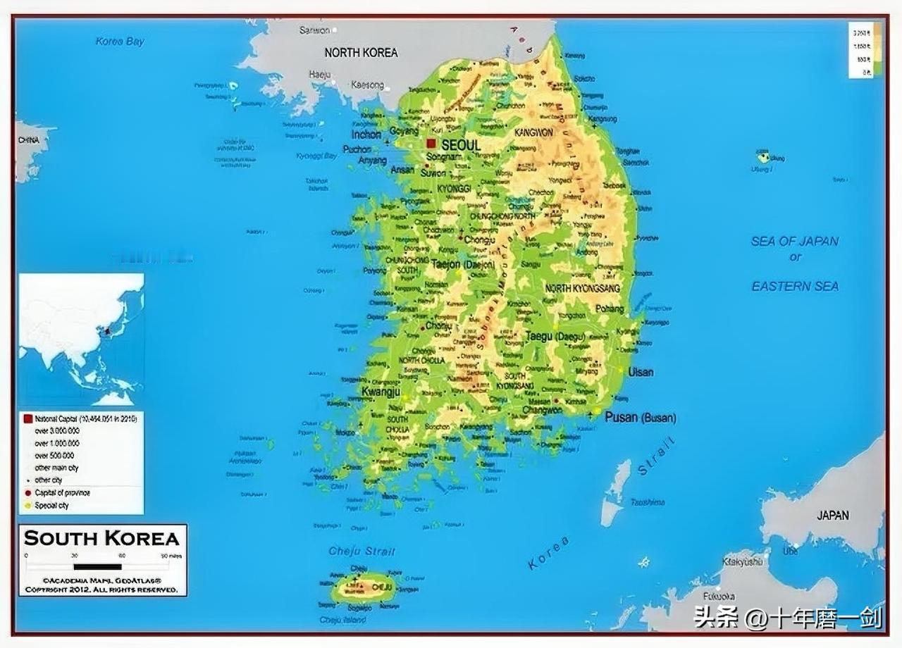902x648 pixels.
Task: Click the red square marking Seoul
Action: click(431, 143)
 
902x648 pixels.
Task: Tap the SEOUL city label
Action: click(461, 145)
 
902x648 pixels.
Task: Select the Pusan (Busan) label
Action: click(640, 417)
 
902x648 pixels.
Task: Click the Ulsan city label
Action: click(641, 371)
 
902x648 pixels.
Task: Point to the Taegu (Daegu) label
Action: click(555, 337)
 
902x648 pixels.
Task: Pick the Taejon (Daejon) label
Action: click(463, 264)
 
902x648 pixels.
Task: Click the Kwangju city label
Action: click(381, 392)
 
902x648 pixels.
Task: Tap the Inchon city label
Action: click(366, 134)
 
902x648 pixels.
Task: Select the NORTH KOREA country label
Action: click(361, 52)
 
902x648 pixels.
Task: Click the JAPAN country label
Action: click(832, 515)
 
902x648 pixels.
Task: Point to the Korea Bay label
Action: click(120, 42)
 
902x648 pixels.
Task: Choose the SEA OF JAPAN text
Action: click(794, 241)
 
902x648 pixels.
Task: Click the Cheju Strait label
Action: click(362, 551)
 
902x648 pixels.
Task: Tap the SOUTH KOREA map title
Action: click(102, 539)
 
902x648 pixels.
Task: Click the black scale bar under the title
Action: click(97, 566)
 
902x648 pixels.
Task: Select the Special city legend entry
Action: click(51, 505)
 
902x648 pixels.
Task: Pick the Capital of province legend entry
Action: click(62, 492)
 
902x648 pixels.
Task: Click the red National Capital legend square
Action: click(27, 418)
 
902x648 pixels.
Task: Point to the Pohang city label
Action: click(610, 309)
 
